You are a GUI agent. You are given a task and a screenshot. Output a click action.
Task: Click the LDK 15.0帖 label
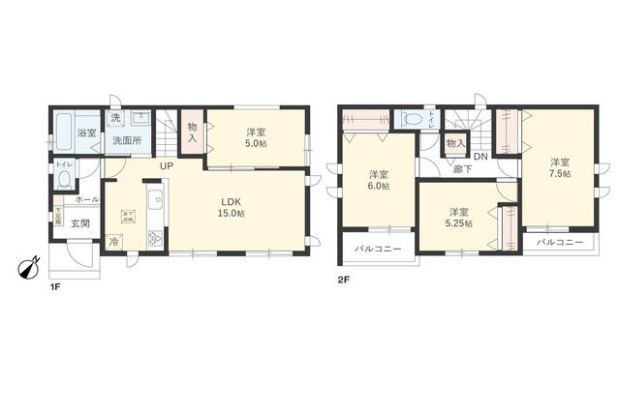(x=230, y=207)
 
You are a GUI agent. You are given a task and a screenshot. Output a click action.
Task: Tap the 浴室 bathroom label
(x=87, y=133)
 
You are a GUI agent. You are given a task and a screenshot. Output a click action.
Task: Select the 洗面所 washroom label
(x=126, y=141)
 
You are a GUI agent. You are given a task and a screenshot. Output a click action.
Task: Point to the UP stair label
(x=166, y=165)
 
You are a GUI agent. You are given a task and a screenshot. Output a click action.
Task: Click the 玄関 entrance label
(x=80, y=224)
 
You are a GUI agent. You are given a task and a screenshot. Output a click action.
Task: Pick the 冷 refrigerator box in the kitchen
(x=115, y=243)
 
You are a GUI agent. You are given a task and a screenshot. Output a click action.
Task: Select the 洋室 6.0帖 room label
(x=379, y=180)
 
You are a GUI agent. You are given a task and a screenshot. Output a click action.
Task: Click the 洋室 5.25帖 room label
(x=460, y=218)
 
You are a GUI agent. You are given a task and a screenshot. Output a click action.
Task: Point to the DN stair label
(x=480, y=157)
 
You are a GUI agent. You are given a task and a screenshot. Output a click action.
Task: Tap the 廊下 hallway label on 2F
(x=463, y=169)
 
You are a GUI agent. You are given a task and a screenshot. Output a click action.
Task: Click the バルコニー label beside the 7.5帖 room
(x=560, y=241)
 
